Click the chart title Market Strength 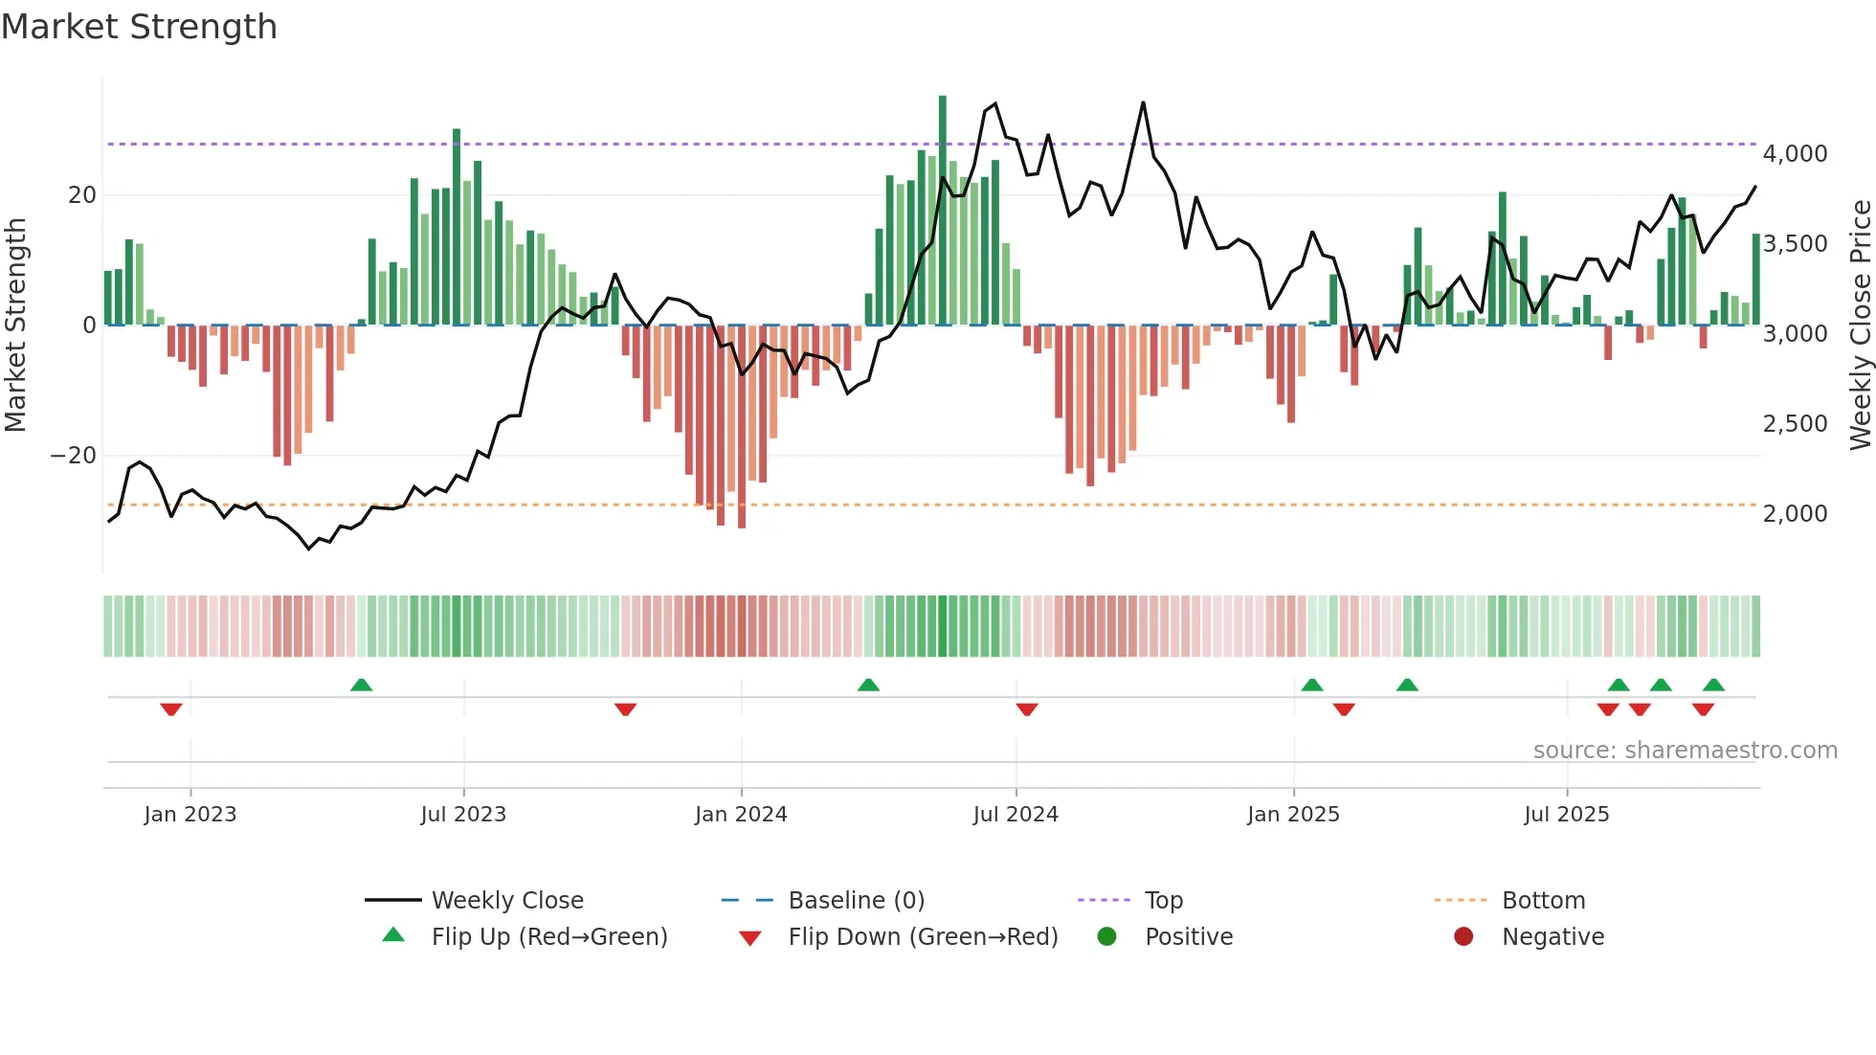(x=139, y=27)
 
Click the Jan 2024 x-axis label (x=741, y=815)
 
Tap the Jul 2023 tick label (x=463, y=815)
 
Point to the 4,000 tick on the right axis (x=1795, y=154)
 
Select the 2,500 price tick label (x=1795, y=424)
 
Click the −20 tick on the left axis (x=74, y=456)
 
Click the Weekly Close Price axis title (x=1860, y=325)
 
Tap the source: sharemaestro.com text (x=1685, y=751)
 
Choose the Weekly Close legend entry (x=507, y=901)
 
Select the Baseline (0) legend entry (x=856, y=901)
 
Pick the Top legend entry (x=1163, y=901)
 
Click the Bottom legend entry (x=1543, y=901)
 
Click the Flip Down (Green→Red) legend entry (x=923, y=937)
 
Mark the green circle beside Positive (x=1107, y=937)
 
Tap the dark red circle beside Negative (x=1463, y=937)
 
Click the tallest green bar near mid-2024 (x=943, y=211)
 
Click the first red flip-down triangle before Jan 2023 (x=171, y=709)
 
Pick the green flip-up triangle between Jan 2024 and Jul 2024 (x=868, y=685)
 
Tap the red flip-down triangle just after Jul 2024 (x=1027, y=709)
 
